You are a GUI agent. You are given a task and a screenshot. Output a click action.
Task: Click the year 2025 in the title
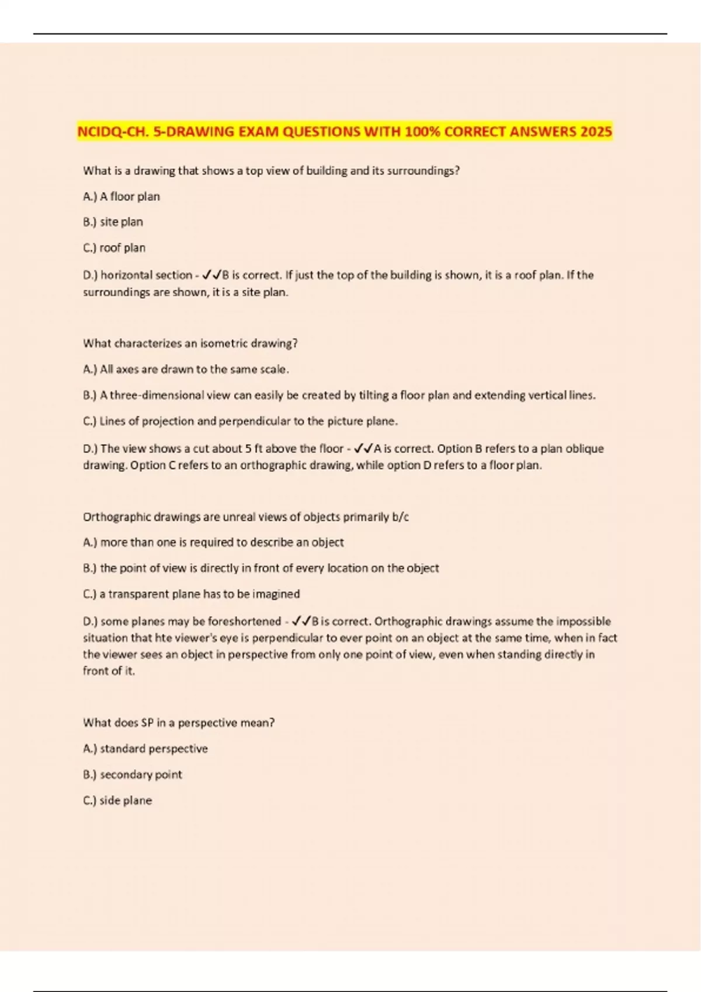click(596, 131)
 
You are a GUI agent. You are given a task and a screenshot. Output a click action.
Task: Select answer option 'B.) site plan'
click(113, 222)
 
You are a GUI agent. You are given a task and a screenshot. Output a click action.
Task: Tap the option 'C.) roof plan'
click(114, 247)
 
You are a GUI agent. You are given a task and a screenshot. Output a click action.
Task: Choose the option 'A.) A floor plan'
click(122, 196)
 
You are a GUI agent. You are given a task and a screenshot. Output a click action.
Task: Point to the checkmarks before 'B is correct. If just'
click(211, 275)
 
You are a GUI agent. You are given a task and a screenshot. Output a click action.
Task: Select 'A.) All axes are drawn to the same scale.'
click(186, 369)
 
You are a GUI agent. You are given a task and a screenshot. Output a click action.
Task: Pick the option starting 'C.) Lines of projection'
click(240, 421)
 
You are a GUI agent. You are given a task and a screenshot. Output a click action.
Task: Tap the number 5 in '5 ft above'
click(248, 448)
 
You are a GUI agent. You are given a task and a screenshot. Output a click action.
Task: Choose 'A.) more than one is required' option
click(213, 542)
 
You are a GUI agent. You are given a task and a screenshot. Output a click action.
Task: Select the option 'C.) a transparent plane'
click(191, 593)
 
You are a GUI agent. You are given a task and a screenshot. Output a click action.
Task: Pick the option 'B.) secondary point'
click(133, 774)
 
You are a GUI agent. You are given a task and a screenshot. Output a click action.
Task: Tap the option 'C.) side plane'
click(117, 800)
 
